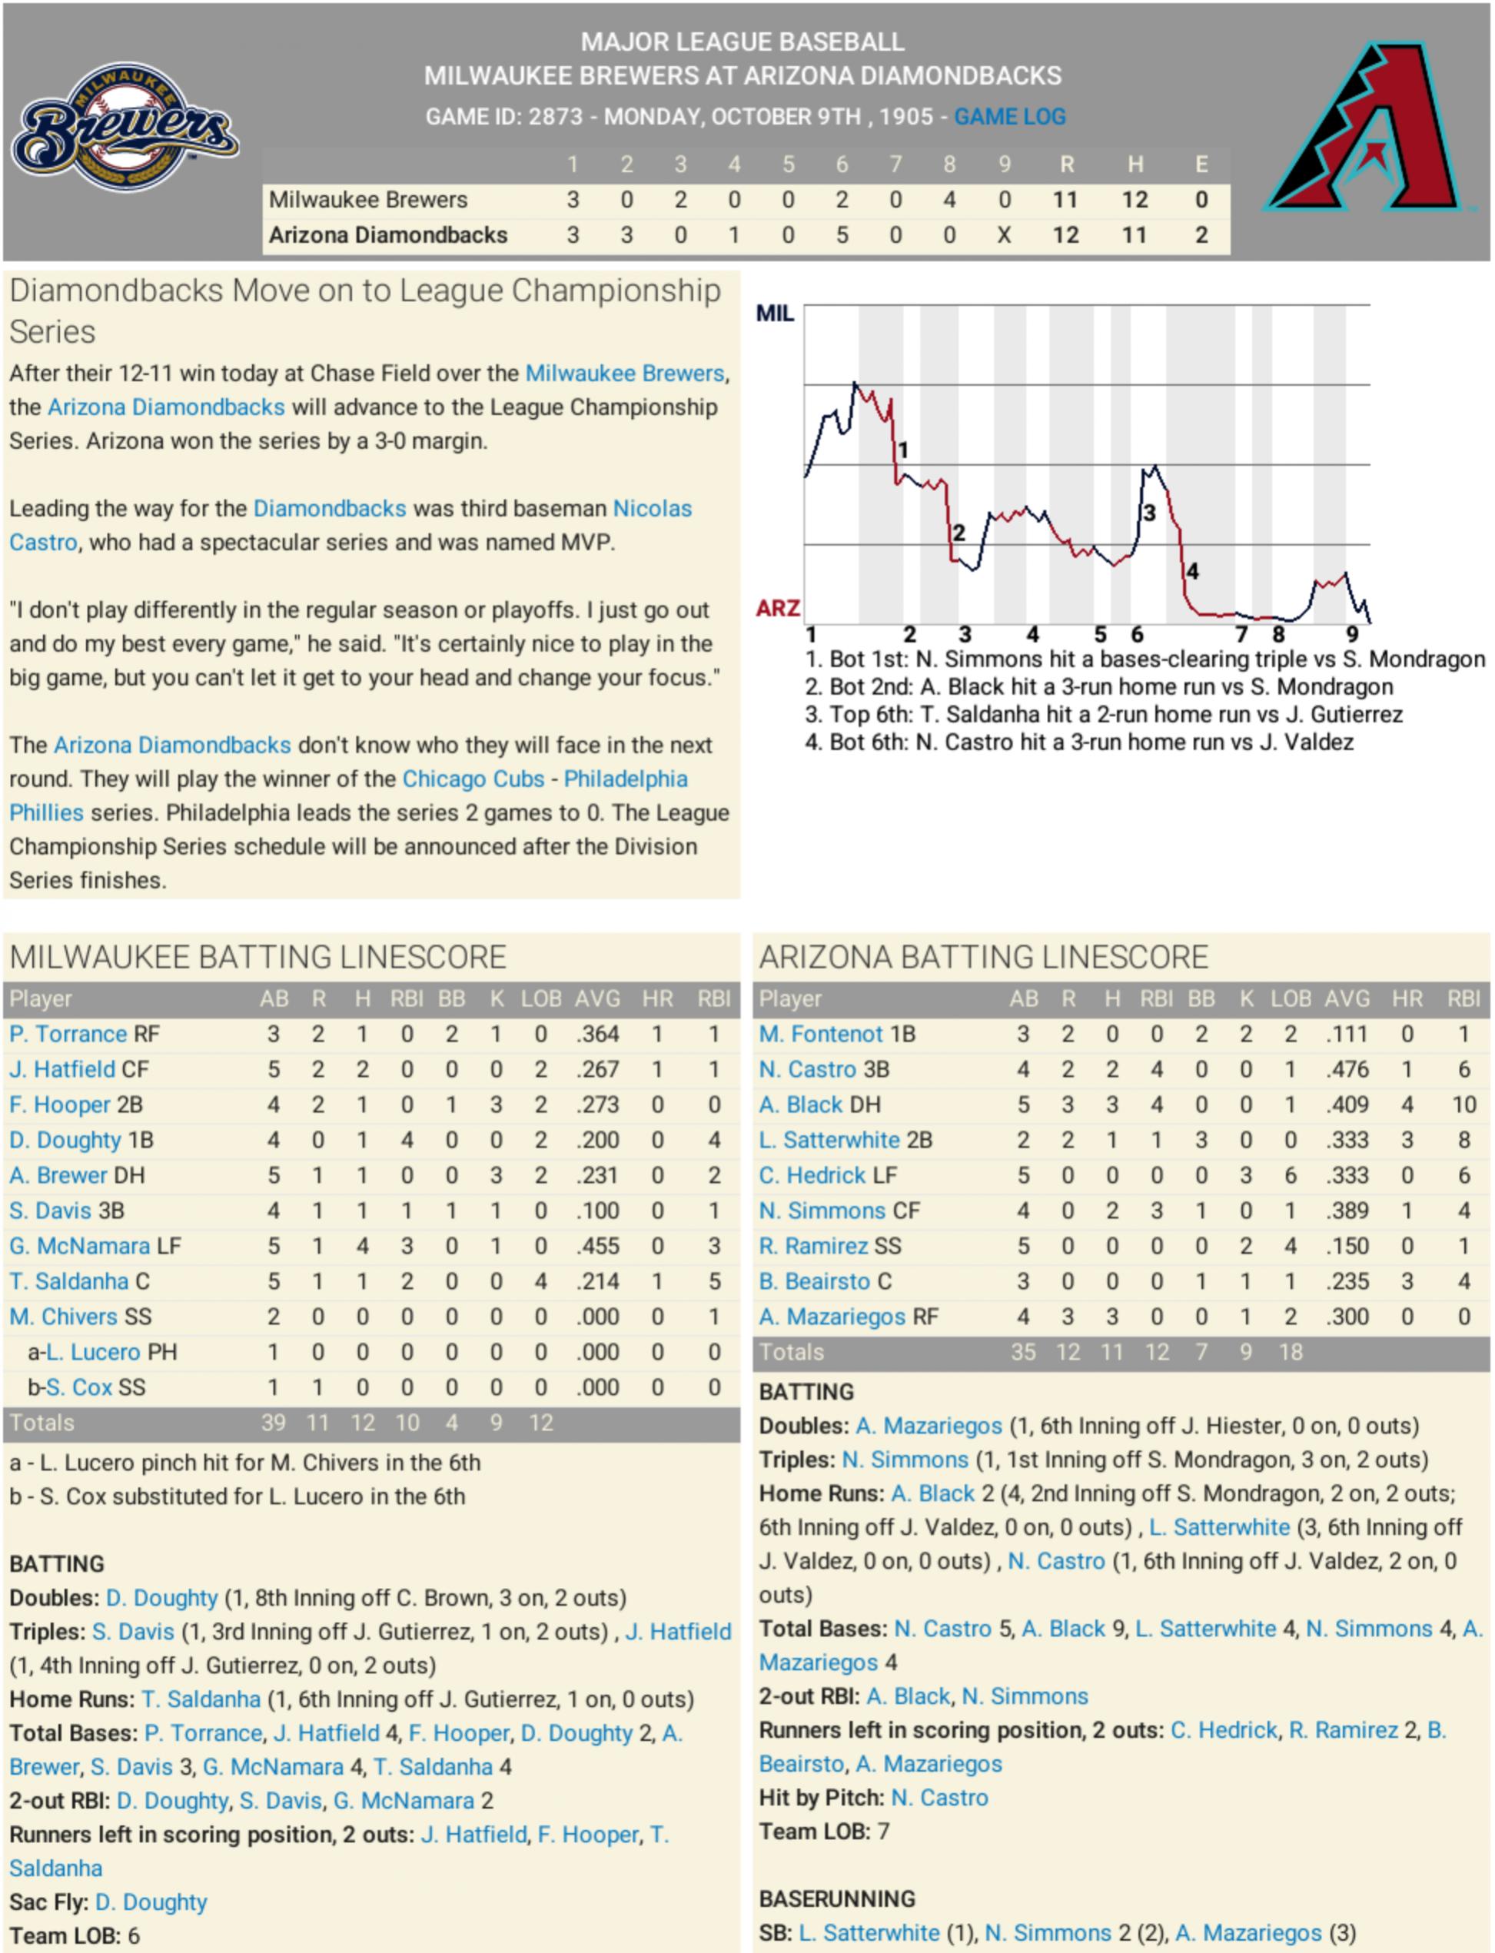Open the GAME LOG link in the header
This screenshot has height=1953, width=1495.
[x=1009, y=117]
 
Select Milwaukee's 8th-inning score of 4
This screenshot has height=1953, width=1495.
[x=949, y=199]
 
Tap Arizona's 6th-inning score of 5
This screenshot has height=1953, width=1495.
[x=842, y=235]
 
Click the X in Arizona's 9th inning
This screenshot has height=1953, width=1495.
[x=1004, y=235]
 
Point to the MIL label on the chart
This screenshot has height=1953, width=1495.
[x=774, y=313]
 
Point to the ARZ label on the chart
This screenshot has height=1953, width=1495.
[x=777, y=609]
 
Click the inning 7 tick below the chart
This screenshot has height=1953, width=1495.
[x=1241, y=634]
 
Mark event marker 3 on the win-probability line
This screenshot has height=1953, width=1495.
[x=1149, y=513]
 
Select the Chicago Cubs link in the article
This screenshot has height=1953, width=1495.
[x=473, y=779]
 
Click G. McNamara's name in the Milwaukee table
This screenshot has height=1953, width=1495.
[x=79, y=1246]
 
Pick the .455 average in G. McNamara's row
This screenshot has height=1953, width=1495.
[x=597, y=1246]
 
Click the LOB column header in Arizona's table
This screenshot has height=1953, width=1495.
[x=1291, y=998]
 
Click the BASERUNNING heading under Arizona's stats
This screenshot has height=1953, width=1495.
[x=836, y=1898]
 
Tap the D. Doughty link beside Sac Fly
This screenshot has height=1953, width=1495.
[x=151, y=1902]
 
